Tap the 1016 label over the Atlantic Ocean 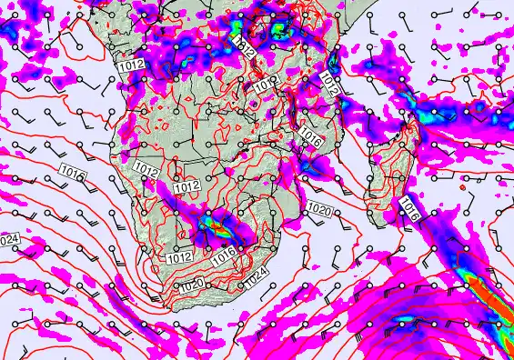pyautogui.click(x=72, y=170)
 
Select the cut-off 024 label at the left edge pyautogui.click(x=8, y=239)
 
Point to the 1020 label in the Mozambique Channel pyautogui.click(x=318, y=210)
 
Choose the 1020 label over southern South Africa pyautogui.click(x=191, y=285)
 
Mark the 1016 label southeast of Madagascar pyautogui.click(x=408, y=213)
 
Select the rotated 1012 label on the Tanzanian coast pyautogui.click(x=329, y=85)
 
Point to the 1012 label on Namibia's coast pyautogui.click(x=145, y=169)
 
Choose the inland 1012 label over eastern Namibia pyautogui.click(x=186, y=186)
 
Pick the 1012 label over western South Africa pyautogui.click(x=178, y=258)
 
